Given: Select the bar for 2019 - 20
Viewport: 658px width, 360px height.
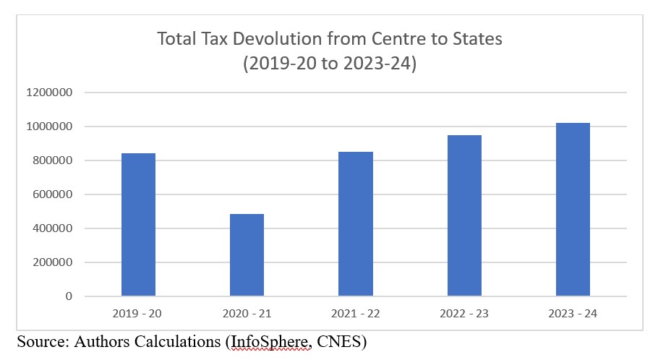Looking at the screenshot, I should pos(138,224).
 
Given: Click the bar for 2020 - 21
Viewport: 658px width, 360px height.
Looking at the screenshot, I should pos(247,254).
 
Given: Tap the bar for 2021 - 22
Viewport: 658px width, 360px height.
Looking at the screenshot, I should pos(356,223).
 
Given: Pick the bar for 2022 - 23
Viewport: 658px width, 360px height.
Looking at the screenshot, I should pos(464,215).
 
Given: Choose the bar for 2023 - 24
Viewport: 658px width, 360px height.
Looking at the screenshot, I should pos(573,209).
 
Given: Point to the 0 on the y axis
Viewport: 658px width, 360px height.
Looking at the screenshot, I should pos(69,296).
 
